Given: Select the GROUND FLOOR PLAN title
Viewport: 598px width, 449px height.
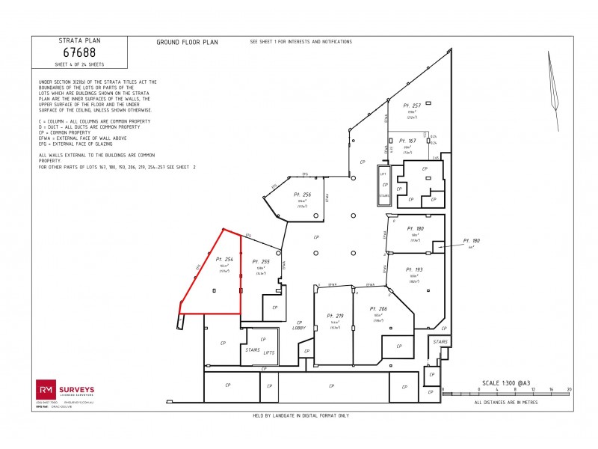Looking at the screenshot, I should pyautogui.click(x=187, y=43).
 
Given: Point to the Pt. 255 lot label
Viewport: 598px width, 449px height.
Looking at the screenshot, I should pyautogui.click(x=260, y=262).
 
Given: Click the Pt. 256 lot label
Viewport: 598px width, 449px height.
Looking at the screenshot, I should pyautogui.click(x=303, y=195).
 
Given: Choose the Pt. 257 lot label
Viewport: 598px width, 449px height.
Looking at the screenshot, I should pyautogui.click(x=412, y=106).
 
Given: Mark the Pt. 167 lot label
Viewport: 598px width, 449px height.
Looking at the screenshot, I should pyautogui.click(x=407, y=141).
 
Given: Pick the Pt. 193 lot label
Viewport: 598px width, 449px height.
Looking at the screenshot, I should pyautogui.click(x=415, y=269).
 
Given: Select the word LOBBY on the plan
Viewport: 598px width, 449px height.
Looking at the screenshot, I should pyautogui.click(x=299, y=328).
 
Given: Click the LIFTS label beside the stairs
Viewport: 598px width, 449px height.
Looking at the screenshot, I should pyautogui.click(x=270, y=352).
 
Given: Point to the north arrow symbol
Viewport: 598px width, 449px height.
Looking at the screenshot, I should pyautogui.click(x=553, y=81).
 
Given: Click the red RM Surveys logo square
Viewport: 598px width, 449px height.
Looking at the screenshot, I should pyautogui.click(x=45, y=389).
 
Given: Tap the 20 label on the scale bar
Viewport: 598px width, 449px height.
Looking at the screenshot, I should pyautogui.click(x=570, y=390).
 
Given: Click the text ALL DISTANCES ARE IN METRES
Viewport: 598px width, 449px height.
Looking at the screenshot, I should pyautogui.click(x=505, y=402).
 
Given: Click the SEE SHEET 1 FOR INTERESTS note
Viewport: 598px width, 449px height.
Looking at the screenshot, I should pyautogui.click(x=300, y=42).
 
